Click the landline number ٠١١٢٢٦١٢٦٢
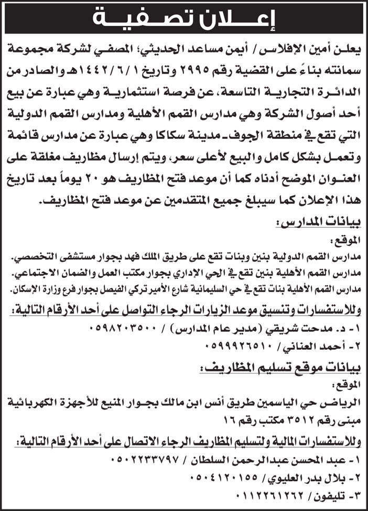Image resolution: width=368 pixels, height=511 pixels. (x=256, y=493)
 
